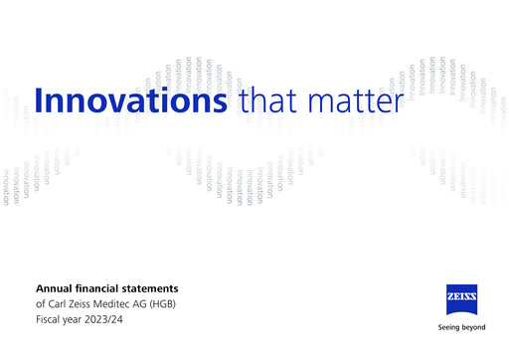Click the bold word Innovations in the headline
coord(129,101)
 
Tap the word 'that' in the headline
coord(268,101)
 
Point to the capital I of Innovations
coord(39,100)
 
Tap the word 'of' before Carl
coord(41,303)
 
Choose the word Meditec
coord(127,303)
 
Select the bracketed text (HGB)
coord(187,303)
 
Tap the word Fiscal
coord(50,318)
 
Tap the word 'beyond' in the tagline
coord(474,325)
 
